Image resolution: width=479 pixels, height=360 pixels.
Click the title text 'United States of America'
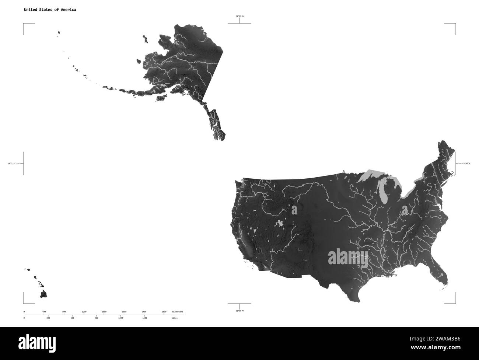tap(50, 10)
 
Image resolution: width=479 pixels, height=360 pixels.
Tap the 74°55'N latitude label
tap(239, 16)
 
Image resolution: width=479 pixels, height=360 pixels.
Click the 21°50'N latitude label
tap(239, 311)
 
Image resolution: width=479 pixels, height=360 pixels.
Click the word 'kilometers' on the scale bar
tap(178, 312)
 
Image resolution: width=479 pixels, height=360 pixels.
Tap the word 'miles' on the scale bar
tap(174, 318)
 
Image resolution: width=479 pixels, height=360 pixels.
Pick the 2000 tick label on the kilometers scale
tap(124, 312)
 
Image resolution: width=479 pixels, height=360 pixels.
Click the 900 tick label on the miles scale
tap(97, 318)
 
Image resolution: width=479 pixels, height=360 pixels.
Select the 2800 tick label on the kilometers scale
tap(164, 312)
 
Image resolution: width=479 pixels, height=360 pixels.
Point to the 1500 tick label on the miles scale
tap(144, 318)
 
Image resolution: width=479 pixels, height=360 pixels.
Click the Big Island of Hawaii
tap(44, 294)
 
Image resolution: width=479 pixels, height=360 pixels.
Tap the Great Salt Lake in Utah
tap(281, 223)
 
